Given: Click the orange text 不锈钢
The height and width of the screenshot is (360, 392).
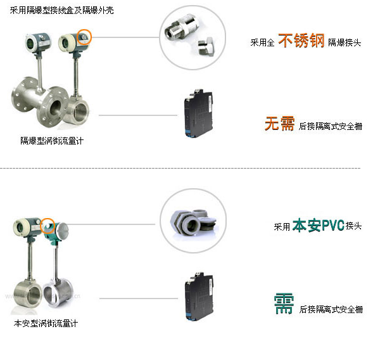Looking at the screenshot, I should pyautogui.click(x=301, y=42).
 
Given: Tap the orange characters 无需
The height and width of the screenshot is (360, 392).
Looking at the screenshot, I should pyautogui.click(x=279, y=124).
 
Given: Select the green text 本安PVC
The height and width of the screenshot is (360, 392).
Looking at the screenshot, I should pyautogui.click(x=318, y=226).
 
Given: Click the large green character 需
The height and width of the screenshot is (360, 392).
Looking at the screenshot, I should pyautogui.click(x=284, y=304).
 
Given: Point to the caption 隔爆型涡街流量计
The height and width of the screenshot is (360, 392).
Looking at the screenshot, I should pyautogui.click(x=51, y=141).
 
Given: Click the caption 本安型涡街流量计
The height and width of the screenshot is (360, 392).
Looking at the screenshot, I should pyautogui.click(x=46, y=323).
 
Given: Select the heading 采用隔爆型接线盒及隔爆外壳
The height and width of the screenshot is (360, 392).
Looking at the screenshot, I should pyautogui.click(x=62, y=11).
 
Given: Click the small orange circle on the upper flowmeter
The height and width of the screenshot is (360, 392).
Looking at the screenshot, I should pyautogui.click(x=84, y=37).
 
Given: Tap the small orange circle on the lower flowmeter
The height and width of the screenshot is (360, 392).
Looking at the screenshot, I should pyautogui.click(x=47, y=225).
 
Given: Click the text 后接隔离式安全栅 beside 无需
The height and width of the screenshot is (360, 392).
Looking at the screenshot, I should pyautogui.click(x=331, y=126).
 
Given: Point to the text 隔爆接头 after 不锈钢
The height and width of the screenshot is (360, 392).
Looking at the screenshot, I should pyautogui.click(x=345, y=44).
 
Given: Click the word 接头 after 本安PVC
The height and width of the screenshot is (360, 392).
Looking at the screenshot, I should pyautogui.click(x=353, y=227).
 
